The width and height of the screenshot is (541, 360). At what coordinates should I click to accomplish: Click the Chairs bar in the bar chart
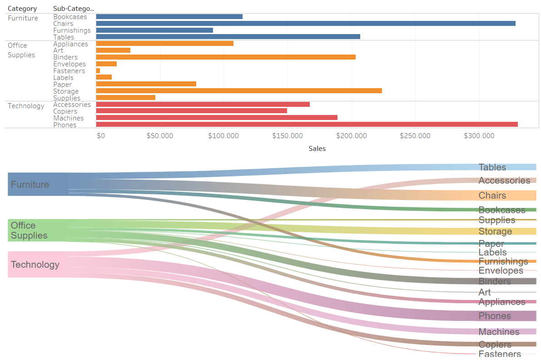click(305, 24)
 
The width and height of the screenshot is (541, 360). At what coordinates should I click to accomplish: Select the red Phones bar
click(307, 125)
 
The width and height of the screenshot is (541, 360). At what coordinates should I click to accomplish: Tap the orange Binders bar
click(226, 57)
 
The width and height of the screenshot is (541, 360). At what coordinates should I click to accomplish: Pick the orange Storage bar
click(239, 91)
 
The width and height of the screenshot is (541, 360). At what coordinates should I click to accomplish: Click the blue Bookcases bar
click(169, 17)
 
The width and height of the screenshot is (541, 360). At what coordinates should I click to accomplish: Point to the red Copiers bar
click(191, 111)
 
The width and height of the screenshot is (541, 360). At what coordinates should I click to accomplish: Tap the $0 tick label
click(101, 136)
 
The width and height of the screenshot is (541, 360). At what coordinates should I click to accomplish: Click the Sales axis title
click(317, 149)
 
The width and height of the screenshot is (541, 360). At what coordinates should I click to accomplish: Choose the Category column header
click(22, 9)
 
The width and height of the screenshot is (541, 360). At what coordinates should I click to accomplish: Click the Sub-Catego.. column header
click(74, 9)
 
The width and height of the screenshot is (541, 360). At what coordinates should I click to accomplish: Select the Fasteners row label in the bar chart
click(69, 71)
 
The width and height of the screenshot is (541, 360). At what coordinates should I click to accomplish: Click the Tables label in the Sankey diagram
click(492, 167)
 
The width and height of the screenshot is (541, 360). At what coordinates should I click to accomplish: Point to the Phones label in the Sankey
click(495, 316)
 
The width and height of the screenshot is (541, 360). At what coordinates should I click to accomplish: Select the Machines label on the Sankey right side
click(499, 332)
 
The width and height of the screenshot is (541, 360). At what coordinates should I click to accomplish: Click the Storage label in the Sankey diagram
click(495, 231)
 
